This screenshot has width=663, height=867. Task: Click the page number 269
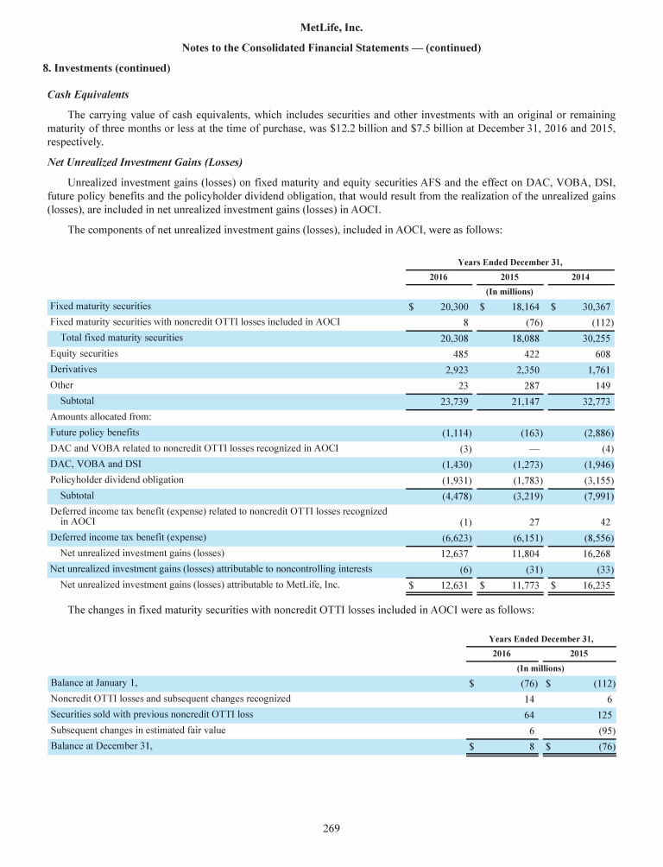[x=331, y=829]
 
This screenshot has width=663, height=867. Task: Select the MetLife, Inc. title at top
[x=331, y=28]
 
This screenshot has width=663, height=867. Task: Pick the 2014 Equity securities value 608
[x=610, y=353]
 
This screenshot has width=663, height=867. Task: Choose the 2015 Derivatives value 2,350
[x=527, y=370]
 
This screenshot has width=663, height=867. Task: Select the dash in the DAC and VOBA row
[x=534, y=448]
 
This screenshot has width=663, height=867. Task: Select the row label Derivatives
[x=73, y=369]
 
